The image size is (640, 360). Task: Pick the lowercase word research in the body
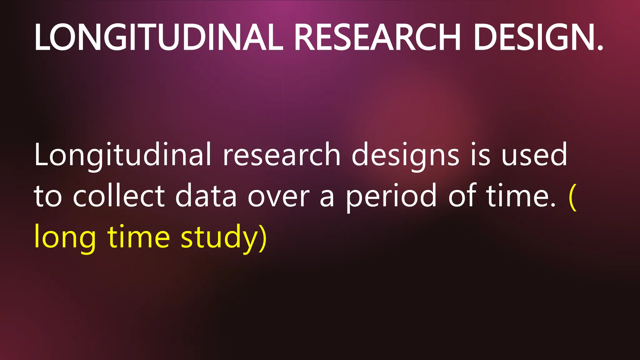tap(281, 155)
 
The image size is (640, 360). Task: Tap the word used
tap(534, 155)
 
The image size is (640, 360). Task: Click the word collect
tap(119, 196)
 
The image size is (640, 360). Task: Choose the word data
tap(206, 196)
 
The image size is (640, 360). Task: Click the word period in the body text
tap(391, 196)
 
